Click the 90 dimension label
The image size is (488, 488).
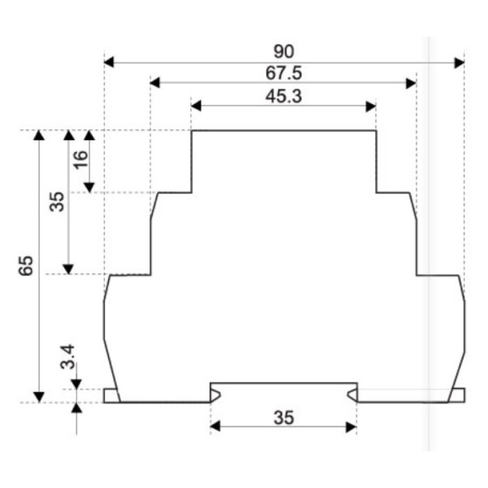tap(284, 52)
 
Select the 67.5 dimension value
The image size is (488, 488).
tap(284, 73)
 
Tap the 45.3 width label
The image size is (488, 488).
tap(284, 96)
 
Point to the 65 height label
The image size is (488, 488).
tap(25, 265)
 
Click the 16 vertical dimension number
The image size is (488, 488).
tap(80, 159)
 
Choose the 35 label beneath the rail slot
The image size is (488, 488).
tap(283, 417)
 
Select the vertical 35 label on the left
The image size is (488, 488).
tap(56, 202)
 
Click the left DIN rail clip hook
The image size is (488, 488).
tap(215, 395)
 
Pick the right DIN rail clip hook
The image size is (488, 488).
tap(352, 395)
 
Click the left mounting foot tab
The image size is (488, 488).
tap(111, 395)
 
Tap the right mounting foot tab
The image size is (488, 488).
tap(458, 395)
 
